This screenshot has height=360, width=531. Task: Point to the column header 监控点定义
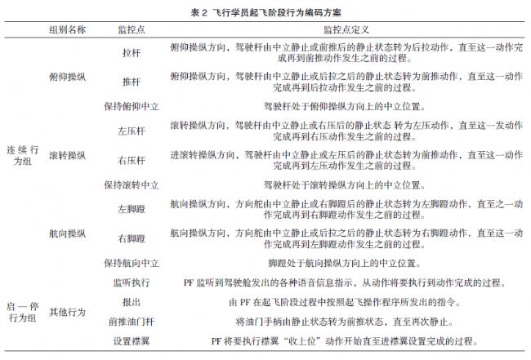(343, 29)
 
